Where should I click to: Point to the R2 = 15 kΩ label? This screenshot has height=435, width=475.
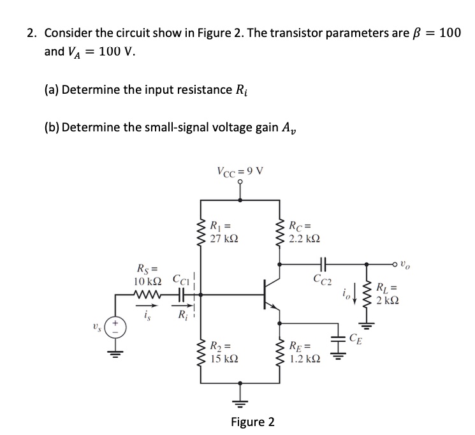pos(224,353)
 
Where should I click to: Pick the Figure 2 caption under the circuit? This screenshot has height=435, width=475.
pos(253,422)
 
